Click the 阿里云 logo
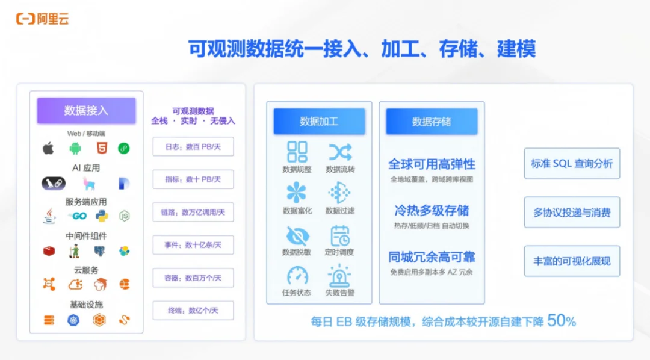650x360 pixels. pos(42,19)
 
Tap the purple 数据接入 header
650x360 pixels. pos(86,110)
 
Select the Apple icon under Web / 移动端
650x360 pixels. pos(48,148)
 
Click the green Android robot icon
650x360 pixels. pos(75,148)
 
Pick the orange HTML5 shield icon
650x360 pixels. pos(99,148)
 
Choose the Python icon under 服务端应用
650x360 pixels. pos(101,216)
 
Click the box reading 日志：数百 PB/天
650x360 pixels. pos(193,146)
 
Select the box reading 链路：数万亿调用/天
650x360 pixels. pos(193,212)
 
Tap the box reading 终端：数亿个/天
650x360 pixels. pos(193,311)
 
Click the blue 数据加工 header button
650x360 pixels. pos(319,122)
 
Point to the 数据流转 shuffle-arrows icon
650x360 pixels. pos(340,152)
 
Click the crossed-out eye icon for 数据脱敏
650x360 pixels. pos(297,235)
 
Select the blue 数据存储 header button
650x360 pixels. pos(432,122)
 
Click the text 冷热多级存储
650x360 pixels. pos(432,211)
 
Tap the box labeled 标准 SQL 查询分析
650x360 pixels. pos(572,163)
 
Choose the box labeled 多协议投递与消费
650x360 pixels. pos(572,212)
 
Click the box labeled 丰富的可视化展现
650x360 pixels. pos(572,261)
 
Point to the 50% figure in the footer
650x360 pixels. pos(562,321)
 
